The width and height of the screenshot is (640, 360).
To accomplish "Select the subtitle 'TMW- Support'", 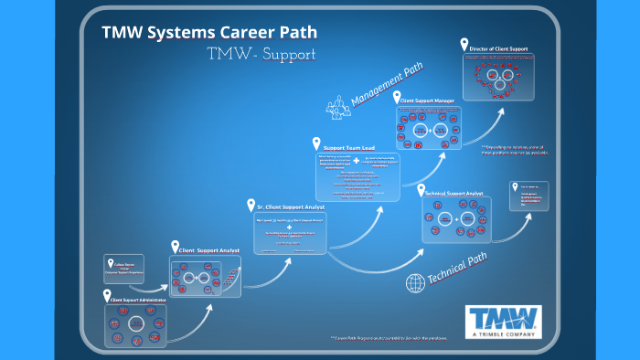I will [261, 54].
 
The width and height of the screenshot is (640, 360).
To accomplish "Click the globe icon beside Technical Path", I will [414, 282].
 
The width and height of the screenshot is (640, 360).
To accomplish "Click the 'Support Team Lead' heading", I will [348, 148].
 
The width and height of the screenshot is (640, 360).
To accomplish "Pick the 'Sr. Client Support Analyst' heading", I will [291, 209].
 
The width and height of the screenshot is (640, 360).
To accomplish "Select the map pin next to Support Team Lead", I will [316, 144].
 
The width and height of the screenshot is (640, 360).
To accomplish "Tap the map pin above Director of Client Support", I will [465, 43].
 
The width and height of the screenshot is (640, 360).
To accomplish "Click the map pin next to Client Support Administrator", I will [106, 295].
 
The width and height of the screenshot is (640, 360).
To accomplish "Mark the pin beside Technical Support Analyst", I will [421, 190].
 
